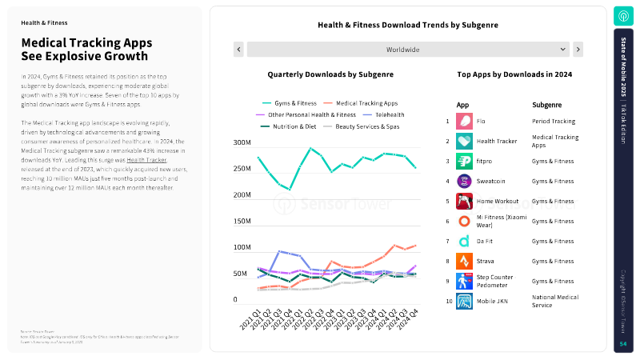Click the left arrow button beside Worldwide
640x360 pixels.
coord(238,50)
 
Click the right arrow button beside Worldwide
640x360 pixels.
coord(578,50)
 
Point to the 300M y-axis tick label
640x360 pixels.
coord(242,143)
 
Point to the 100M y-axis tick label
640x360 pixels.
coord(242,247)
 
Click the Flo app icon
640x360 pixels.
coord(464,122)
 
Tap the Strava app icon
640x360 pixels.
coord(464,261)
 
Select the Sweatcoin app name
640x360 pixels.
coord(491,182)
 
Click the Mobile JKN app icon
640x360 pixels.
coord(464,302)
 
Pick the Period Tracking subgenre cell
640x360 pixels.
coord(553,122)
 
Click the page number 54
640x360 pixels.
coord(623,343)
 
